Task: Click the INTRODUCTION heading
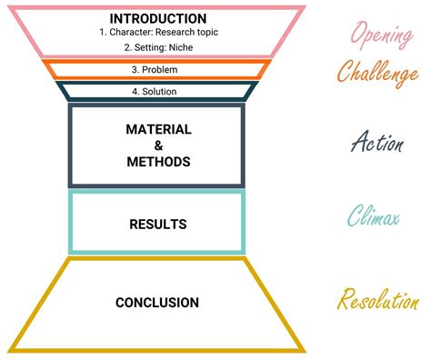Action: pyautogui.click(x=157, y=18)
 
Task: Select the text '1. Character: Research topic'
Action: pyautogui.click(x=157, y=32)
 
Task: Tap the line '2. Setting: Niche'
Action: pyautogui.click(x=157, y=49)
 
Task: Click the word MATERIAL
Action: pyautogui.click(x=158, y=129)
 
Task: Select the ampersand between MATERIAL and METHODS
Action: pyautogui.click(x=158, y=145)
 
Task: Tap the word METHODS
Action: pyautogui.click(x=158, y=162)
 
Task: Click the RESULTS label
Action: pyautogui.click(x=158, y=224)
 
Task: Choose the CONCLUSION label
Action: pyautogui.click(x=157, y=303)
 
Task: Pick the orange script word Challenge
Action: pyautogui.click(x=377, y=73)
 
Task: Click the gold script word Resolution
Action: pyautogui.click(x=378, y=300)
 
